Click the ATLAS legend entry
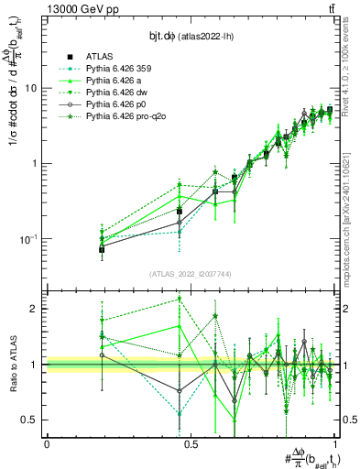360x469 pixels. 100,55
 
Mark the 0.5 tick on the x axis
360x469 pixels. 191,443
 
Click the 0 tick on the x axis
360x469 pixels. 47,443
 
